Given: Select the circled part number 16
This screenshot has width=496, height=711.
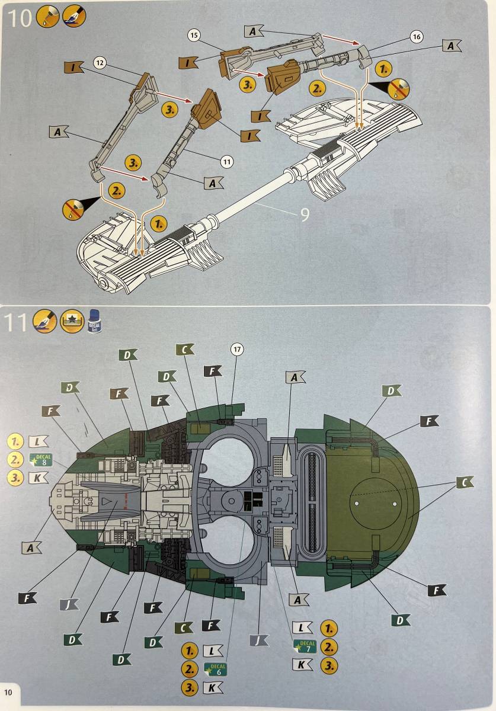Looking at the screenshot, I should pyautogui.click(x=416, y=37).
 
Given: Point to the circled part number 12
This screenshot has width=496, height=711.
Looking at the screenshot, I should pyautogui.click(x=100, y=62).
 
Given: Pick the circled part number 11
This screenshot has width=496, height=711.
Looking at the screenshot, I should pyautogui.click(x=226, y=160).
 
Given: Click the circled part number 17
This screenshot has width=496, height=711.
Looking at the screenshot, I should pyautogui.click(x=237, y=349).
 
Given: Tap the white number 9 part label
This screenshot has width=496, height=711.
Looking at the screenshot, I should pyautogui.click(x=304, y=214).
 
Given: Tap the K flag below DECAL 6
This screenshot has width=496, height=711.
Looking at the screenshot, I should pyautogui.click(x=213, y=688).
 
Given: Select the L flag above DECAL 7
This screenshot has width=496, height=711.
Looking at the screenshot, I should pyautogui.click(x=302, y=628).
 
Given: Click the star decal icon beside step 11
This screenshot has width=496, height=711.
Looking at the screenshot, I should pyautogui.click(x=69, y=321).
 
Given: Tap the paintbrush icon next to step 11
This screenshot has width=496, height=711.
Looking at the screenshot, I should pyautogui.click(x=44, y=321).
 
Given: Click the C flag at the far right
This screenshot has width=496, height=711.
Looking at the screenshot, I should pyautogui.click(x=465, y=482).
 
